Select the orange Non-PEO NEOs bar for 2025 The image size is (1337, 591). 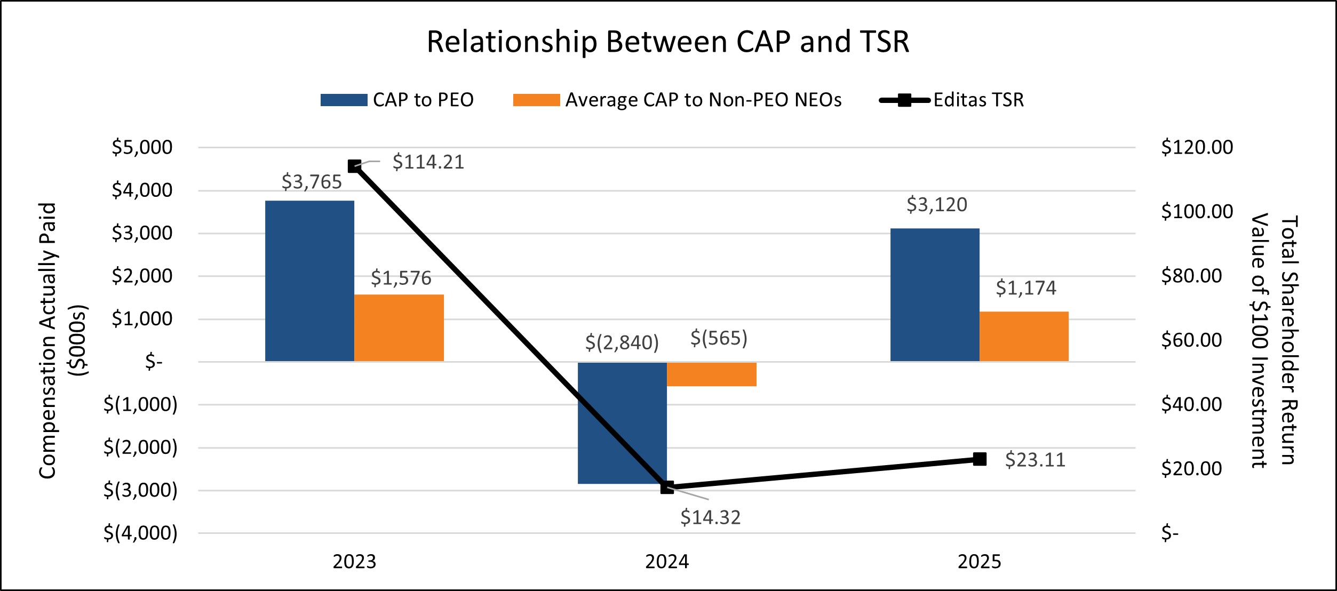click(1024, 337)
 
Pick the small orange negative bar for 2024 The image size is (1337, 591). click(712, 374)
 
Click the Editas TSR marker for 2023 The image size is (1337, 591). click(354, 166)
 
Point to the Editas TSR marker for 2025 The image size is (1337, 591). click(980, 459)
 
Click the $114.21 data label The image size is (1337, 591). click(428, 162)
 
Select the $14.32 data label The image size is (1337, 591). click(710, 518)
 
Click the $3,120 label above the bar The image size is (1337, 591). click(937, 205)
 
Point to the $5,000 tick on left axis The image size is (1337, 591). click(142, 148)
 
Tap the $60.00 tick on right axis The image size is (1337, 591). click(1191, 340)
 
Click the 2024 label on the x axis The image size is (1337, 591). click(667, 562)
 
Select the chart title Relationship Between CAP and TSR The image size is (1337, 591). click(668, 42)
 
